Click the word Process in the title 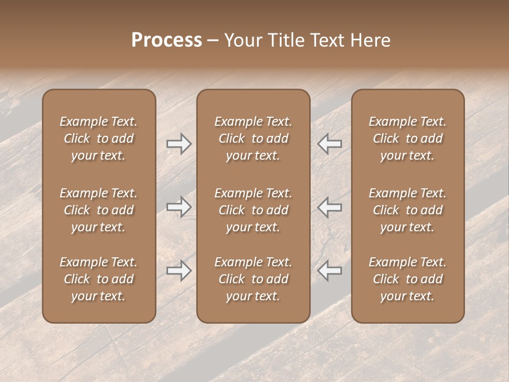[x=166, y=40]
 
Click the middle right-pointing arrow [x=179, y=207]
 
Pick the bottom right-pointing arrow [x=179, y=271]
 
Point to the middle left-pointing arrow [x=330, y=207]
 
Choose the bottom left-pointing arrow [x=330, y=271]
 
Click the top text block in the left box [x=99, y=138]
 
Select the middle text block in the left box [x=99, y=210]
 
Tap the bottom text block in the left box [x=99, y=279]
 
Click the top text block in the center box [x=253, y=138]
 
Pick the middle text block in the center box [x=253, y=210]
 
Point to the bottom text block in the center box [x=253, y=279]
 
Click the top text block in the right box [x=408, y=138]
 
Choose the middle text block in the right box [x=408, y=210]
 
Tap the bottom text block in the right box [x=408, y=279]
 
